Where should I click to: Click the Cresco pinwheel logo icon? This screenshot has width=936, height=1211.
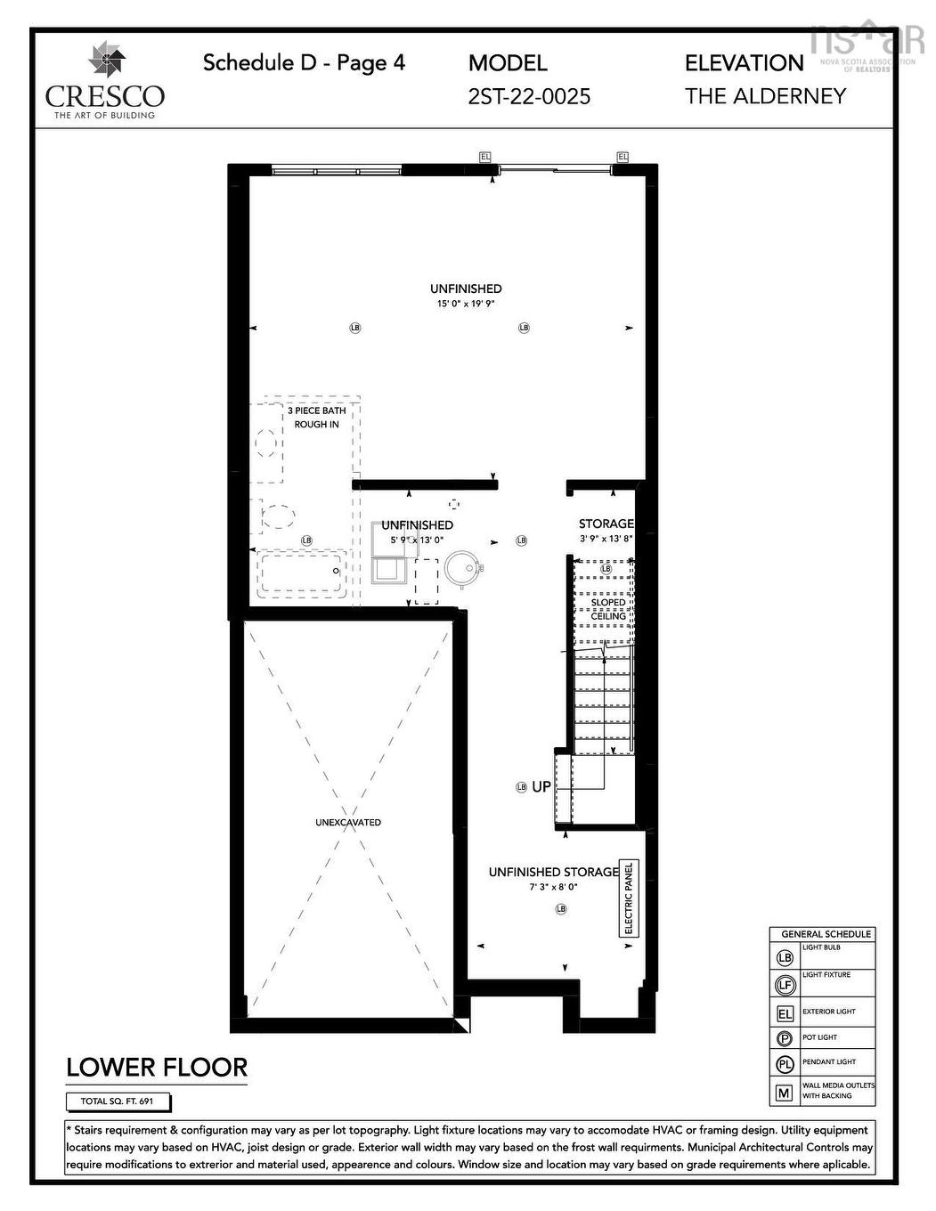(107, 61)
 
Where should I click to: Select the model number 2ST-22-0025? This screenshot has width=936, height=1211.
(529, 96)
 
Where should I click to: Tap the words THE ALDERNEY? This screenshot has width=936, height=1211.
(765, 96)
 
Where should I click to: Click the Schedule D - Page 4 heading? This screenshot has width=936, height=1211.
(304, 62)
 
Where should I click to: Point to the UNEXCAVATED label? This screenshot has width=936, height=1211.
(348, 822)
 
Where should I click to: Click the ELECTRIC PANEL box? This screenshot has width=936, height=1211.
(629, 898)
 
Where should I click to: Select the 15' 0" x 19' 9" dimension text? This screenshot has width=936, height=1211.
(465, 304)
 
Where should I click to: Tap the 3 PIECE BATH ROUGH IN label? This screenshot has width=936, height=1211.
(316, 418)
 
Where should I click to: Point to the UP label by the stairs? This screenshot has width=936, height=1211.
(541, 787)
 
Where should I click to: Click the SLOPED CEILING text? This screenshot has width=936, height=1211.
(608, 609)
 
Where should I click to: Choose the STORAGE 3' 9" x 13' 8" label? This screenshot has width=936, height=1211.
(606, 531)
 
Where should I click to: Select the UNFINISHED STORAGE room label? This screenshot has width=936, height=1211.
(553, 872)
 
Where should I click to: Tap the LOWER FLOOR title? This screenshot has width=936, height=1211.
(157, 1067)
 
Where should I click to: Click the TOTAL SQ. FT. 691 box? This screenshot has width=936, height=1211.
(117, 1101)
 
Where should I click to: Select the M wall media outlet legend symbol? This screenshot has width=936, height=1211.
(785, 1092)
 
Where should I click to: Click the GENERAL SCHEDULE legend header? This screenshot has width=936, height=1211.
(826, 934)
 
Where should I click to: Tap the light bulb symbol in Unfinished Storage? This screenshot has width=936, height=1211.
(561, 908)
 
